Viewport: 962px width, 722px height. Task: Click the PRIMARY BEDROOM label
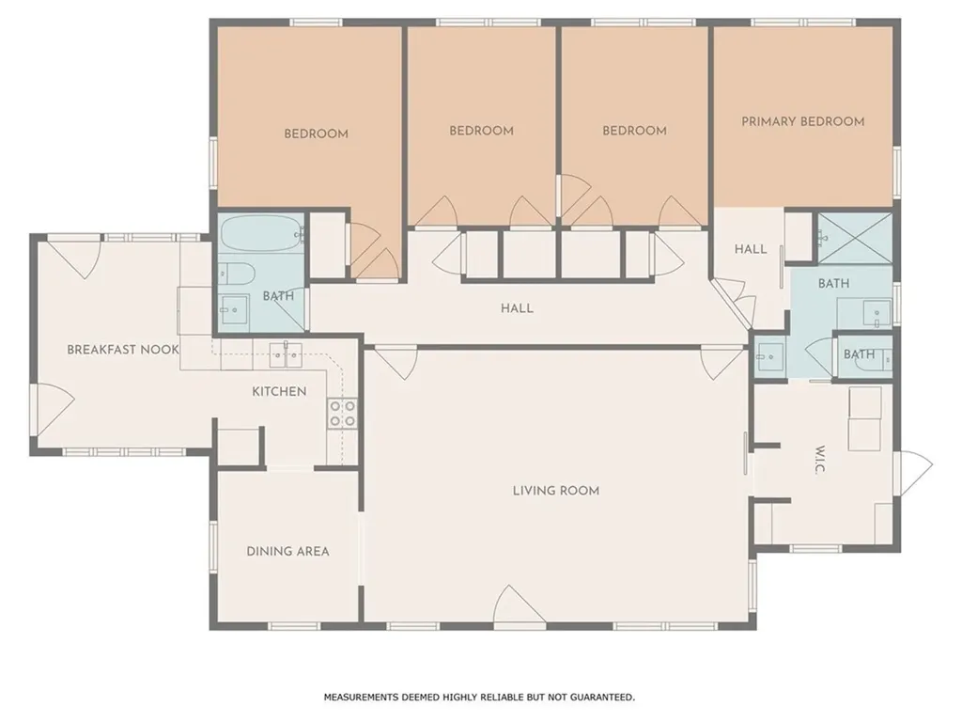[802, 121]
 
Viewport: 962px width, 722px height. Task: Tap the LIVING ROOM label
[556, 491]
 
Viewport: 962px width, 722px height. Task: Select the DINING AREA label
[287, 551]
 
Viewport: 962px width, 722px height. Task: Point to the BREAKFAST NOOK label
[123, 350]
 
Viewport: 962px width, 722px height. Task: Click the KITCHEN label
[279, 391]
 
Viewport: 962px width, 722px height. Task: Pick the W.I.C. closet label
[820, 459]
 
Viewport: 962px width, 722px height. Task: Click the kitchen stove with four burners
[342, 414]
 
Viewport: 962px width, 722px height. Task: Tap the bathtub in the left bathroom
[262, 233]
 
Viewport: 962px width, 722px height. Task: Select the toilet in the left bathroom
[236, 274]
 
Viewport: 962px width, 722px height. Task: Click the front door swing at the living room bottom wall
[520, 606]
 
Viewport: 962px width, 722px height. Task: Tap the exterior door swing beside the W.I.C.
[913, 474]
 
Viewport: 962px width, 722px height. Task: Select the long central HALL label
[517, 308]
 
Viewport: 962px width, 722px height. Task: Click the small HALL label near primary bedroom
[751, 248]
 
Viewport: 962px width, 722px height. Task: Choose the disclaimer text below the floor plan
[479, 697]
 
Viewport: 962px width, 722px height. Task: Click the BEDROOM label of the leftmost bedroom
[316, 133]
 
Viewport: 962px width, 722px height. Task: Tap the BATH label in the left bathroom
[278, 296]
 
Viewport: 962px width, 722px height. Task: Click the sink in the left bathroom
[234, 309]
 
